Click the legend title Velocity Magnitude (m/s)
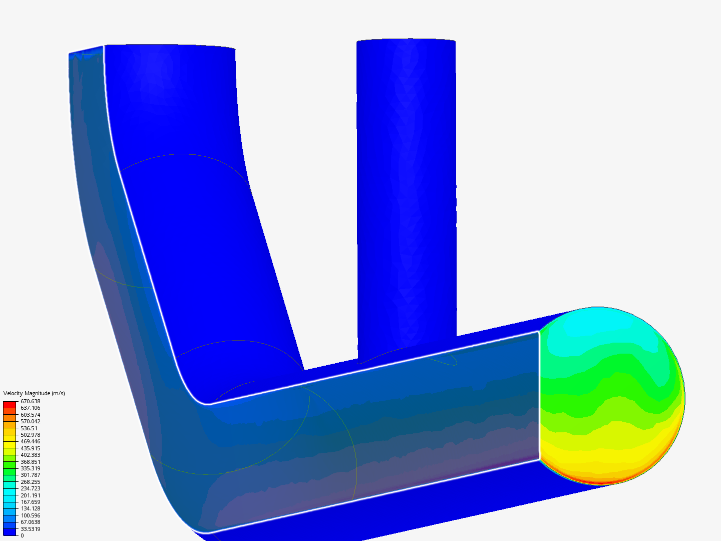(34, 393)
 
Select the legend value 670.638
(30, 401)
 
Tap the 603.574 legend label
(30, 415)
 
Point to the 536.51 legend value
(29, 428)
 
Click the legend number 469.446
(30, 441)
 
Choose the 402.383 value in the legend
(30, 455)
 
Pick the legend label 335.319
(30, 468)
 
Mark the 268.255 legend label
(30, 482)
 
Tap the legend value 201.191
(30, 495)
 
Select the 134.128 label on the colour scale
(30, 508)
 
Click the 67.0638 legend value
(30, 522)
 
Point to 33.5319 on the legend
(30, 529)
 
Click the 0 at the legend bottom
(22, 535)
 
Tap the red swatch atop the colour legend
(10, 404)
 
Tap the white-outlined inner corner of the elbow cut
(205, 402)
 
